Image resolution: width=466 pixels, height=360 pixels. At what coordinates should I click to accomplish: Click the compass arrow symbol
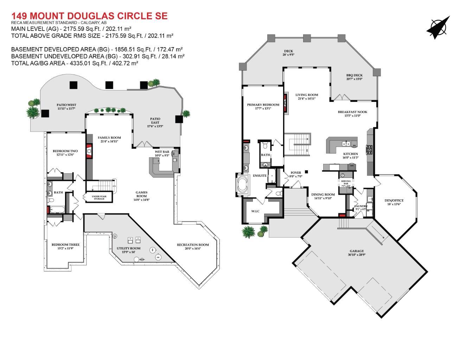[x=438, y=27]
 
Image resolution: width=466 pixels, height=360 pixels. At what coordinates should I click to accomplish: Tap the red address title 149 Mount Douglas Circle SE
[x=89, y=16]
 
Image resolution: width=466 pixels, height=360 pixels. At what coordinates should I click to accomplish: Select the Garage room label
[x=357, y=251]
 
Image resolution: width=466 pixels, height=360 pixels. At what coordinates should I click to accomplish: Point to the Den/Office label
[x=394, y=201]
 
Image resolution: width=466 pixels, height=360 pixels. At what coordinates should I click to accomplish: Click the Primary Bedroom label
[x=263, y=105]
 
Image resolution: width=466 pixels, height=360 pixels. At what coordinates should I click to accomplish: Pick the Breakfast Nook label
[x=352, y=112]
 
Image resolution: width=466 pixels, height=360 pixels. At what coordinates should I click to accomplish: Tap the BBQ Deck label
[x=354, y=75]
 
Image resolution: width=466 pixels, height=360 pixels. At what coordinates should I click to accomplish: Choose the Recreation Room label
[x=193, y=245]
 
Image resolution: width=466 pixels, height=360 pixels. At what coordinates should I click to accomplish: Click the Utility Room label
[x=128, y=248]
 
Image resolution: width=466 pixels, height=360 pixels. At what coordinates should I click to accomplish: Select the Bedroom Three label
[x=65, y=245]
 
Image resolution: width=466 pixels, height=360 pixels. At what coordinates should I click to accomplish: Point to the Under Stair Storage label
[x=99, y=198]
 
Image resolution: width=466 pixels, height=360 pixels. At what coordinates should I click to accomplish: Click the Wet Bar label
[x=162, y=152]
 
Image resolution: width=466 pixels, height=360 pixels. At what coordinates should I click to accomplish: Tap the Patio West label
[x=66, y=105]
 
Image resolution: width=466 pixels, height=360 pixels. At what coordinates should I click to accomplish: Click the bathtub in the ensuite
[x=243, y=184]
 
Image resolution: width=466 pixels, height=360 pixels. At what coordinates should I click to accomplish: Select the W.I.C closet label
[x=255, y=211]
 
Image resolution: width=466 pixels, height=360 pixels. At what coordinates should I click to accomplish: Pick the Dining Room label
[x=323, y=194]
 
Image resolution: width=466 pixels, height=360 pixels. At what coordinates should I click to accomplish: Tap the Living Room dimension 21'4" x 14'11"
[x=307, y=99]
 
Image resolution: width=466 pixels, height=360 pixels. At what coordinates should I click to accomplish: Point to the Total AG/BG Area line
[x=75, y=63]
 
